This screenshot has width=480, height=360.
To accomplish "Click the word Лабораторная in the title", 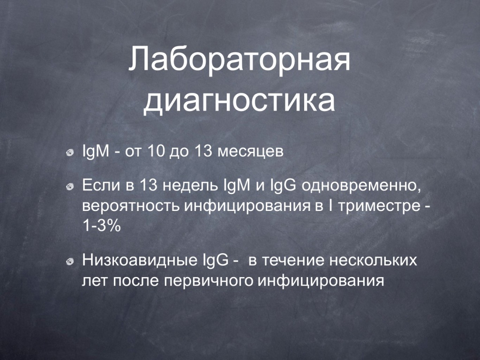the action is click(239, 59).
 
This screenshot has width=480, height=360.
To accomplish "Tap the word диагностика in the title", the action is click(239, 100).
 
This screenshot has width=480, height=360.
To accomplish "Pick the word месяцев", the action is click(250, 152).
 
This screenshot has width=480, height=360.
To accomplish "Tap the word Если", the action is click(101, 185).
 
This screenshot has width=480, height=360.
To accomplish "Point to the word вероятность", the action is click(131, 206).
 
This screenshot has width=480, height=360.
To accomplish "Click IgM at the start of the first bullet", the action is click(96, 151).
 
